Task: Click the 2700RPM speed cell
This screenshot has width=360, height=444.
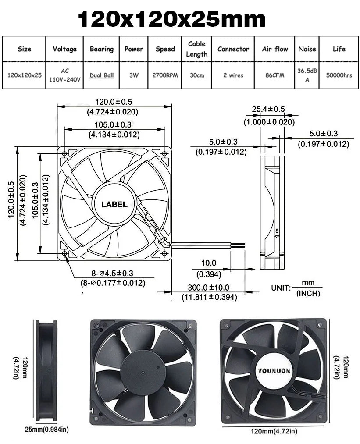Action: click(165, 75)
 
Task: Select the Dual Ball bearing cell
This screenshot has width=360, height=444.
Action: click(102, 75)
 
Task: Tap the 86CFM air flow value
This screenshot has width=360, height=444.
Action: click(275, 75)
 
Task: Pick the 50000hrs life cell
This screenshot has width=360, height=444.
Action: click(339, 75)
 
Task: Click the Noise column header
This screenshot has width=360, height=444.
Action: click(307, 49)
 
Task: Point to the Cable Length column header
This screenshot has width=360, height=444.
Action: click(197, 49)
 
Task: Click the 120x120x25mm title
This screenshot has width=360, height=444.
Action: click(171, 19)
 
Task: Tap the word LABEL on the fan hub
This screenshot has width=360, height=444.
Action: click(114, 204)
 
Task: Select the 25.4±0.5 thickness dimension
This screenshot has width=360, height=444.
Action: click(268, 109)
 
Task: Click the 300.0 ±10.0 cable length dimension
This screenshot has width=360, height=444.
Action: click(210, 288)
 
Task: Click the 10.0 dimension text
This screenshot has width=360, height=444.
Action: click(209, 263)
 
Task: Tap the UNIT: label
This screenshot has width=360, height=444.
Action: click(281, 288)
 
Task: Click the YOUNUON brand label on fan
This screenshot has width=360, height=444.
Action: click(274, 371)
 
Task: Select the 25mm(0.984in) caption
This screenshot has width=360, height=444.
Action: click(46, 429)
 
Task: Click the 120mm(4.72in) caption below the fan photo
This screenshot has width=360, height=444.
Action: click(274, 432)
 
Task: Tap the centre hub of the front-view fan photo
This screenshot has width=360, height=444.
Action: click(143, 372)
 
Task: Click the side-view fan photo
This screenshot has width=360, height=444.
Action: click(46, 370)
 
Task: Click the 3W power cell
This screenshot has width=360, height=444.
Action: click(134, 75)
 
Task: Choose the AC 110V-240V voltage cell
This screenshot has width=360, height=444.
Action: click(65, 75)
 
